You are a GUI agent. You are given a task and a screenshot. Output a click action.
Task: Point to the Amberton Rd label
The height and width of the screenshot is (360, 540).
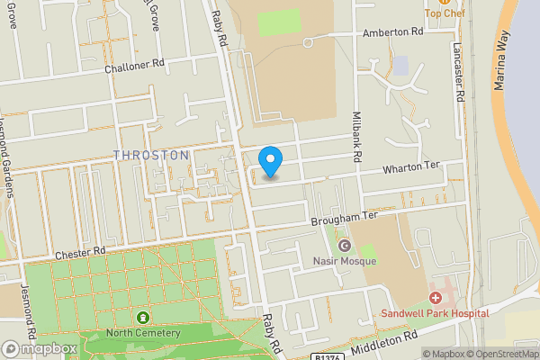392,31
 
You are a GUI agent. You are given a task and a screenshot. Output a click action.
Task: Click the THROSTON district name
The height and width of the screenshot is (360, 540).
151,155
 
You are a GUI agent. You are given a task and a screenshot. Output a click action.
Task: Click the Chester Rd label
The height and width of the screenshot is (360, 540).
80,254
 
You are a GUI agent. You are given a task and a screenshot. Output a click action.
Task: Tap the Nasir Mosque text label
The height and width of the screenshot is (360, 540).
344,261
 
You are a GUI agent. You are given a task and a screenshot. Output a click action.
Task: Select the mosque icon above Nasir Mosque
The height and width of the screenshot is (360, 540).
344,246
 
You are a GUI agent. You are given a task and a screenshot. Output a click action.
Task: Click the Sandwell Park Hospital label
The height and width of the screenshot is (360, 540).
435,313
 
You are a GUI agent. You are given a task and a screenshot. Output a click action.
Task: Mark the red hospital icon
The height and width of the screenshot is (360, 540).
436,297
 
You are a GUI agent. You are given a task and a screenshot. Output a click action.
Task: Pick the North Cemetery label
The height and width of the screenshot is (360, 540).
144,333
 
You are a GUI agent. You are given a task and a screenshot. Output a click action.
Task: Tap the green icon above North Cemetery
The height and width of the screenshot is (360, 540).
142,317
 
